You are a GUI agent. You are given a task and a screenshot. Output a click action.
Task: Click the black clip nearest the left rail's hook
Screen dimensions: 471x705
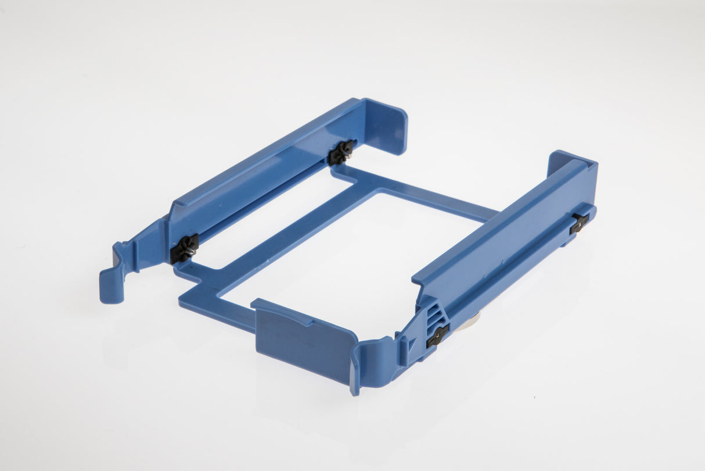coord(185,249)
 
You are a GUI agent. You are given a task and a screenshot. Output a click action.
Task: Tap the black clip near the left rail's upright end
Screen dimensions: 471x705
coord(341,152)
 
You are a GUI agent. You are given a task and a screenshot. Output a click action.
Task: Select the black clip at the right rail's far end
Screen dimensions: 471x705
coord(579,222)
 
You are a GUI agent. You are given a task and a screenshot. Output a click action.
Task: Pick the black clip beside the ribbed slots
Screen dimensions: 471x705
coord(437,335)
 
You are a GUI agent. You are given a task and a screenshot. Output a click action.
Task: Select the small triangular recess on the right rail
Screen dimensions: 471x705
coord(411,345)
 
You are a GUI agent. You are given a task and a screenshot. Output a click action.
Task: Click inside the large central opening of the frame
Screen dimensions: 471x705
coord(348,256)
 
